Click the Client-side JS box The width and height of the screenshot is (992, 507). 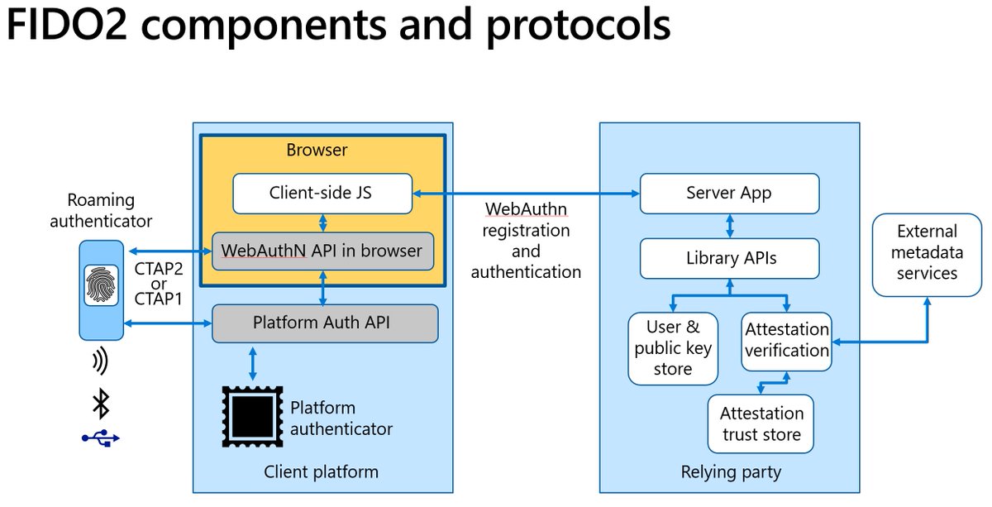[x=322, y=193]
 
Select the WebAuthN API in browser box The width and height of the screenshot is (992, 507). [x=322, y=251]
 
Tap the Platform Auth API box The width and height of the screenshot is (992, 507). [x=324, y=323]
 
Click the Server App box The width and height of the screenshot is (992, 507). [x=729, y=193]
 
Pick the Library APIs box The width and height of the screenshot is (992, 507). [x=729, y=258]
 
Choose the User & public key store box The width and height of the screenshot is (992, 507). [x=673, y=348]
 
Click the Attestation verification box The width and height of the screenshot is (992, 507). [x=786, y=341]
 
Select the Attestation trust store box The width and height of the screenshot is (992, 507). [x=761, y=423]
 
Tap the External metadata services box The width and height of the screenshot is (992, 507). [x=927, y=252]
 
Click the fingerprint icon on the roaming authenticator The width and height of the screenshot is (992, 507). [x=101, y=285]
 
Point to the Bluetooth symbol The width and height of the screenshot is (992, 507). [x=101, y=404]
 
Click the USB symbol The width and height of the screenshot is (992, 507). [x=101, y=438]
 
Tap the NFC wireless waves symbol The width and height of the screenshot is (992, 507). [x=101, y=361]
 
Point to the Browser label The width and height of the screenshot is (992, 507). [x=317, y=150]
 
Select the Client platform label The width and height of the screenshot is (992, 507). [x=321, y=472]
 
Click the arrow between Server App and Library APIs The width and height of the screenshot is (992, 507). [x=729, y=226]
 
